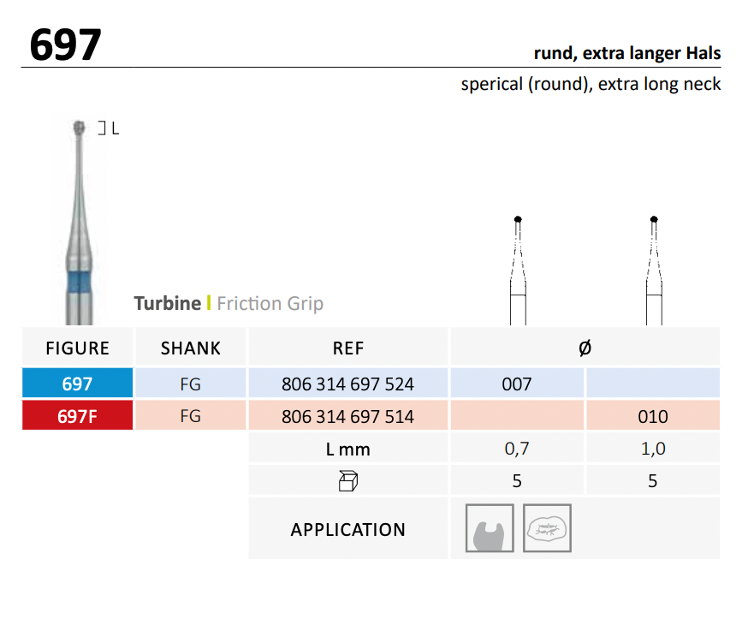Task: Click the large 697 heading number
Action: click(x=65, y=45)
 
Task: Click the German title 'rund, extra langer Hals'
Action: click(x=626, y=53)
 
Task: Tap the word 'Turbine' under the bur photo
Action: click(x=167, y=303)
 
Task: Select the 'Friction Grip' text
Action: click(x=270, y=303)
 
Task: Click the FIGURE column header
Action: click(x=77, y=348)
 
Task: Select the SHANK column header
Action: click(x=190, y=348)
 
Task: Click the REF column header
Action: click(x=347, y=348)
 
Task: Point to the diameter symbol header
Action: click(x=585, y=348)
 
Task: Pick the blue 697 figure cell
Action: click(x=77, y=384)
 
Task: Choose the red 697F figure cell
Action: click(x=77, y=417)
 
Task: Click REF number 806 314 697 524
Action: click(x=347, y=384)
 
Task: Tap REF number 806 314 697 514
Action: click(x=347, y=417)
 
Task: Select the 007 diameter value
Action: click(x=517, y=384)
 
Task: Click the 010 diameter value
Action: click(x=652, y=417)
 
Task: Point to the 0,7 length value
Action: click(x=517, y=449)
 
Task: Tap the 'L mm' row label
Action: click(x=347, y=449)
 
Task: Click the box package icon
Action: click(x=347, y=481)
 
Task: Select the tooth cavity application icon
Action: click(x=490, y=528)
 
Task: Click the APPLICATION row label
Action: click(x=347, y=529)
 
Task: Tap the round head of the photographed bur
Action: click(x=80, y=128)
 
